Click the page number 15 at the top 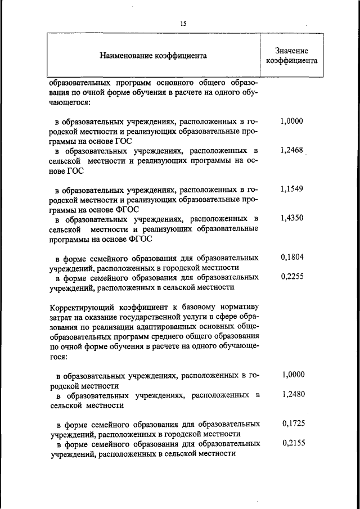coord(183,23)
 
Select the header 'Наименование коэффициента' coord(153,56)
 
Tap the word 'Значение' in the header coord(291,51)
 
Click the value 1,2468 coord(291,151)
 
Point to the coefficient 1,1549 coord(291,189)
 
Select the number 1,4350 coord(291,218)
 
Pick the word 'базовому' coord(197,307)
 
